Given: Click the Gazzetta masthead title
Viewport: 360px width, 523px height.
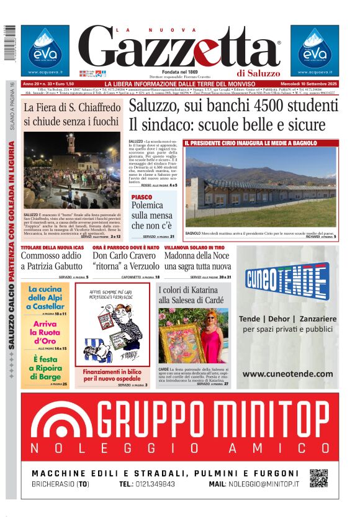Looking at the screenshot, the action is pyautogui.click(x=180, y=48).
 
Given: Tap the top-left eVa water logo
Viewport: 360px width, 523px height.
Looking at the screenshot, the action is pyautogui.click(x=45, y=50).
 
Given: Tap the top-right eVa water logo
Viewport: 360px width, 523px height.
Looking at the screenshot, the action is pyautogui.click(x=313, y=50).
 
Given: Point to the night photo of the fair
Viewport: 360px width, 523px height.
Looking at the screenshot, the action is pyautogui.click(x=71, y=171).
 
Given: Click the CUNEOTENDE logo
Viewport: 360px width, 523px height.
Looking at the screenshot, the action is pyautogui.click(x=287, y=280).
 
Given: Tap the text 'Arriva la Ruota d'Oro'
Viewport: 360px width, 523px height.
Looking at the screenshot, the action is pyautogui.click(x=45, y=332).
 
